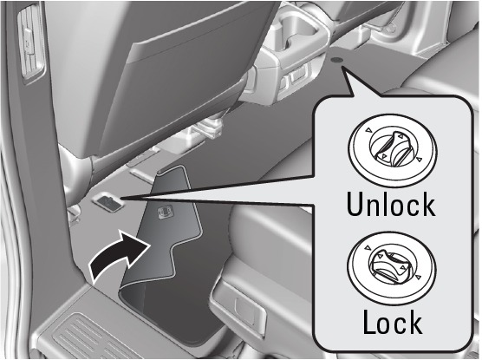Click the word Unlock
tap(391, 205)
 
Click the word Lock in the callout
tap(393, 322)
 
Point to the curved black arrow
tap(120, 255)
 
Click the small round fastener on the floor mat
tap(335, 60)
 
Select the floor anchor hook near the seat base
tap(107, 201)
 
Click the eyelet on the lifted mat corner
tap(165, 212)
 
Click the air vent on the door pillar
tap(31, 44)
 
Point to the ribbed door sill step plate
tap(92, 337)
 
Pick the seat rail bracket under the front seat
tap(209, 126)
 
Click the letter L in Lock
tap(370, 322)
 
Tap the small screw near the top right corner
tap(391, 29)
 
